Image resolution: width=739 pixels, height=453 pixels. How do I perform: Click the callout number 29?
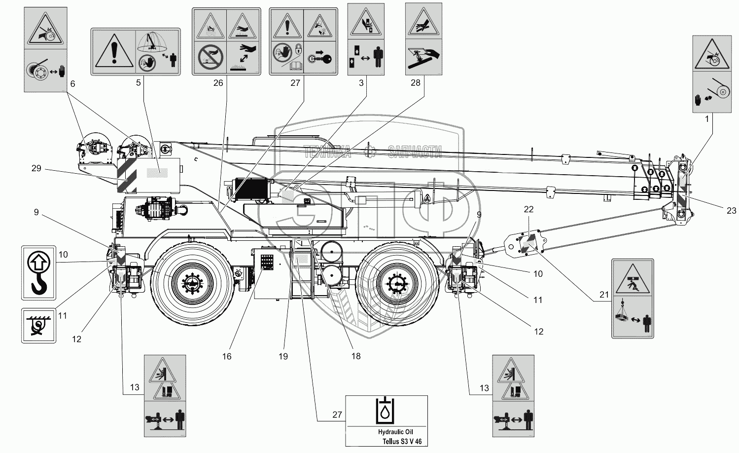[x=36, y=169]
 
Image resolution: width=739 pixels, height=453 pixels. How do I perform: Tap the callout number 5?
[x=139, y=83]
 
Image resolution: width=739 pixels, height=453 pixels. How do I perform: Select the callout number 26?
[x=218, y=83]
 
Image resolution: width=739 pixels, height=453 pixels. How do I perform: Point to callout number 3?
[x=361, y=83]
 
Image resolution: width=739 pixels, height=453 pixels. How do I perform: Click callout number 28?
[x=416, y=83]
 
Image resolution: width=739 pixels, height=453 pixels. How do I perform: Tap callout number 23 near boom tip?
[x=731, y=211]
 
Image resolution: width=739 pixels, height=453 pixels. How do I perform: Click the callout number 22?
[x=528, y=209]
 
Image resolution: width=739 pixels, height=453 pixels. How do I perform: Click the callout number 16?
[x=227, y=356]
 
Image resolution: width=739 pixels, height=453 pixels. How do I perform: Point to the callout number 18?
[x=355, y=356]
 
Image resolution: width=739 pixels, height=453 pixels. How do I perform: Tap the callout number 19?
[x=283, y=356]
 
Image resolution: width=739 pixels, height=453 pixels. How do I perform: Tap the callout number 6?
[x=72, y=84]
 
